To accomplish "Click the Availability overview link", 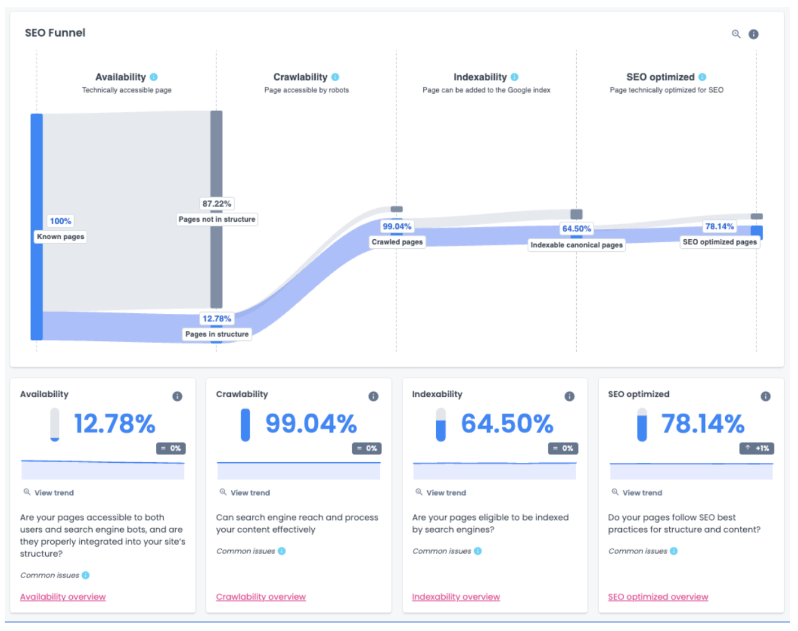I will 63,597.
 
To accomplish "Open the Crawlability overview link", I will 261,597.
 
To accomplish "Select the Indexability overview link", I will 456,597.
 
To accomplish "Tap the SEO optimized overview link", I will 657,597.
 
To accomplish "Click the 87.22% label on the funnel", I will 217,204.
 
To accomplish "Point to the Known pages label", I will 60,236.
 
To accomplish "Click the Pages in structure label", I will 217,334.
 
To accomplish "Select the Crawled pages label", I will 397,242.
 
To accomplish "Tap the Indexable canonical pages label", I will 576,245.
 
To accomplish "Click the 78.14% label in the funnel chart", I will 719,226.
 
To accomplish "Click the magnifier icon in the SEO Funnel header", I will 736,34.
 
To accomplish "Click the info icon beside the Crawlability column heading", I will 335,77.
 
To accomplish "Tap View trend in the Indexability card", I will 446,493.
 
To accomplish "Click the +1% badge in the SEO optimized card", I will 757,448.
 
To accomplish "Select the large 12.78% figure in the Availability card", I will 115,423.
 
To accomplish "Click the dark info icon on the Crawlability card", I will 373,396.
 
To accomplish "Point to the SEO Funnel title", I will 55,33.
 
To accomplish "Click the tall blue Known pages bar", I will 37,169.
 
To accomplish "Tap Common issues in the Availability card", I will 50,575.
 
